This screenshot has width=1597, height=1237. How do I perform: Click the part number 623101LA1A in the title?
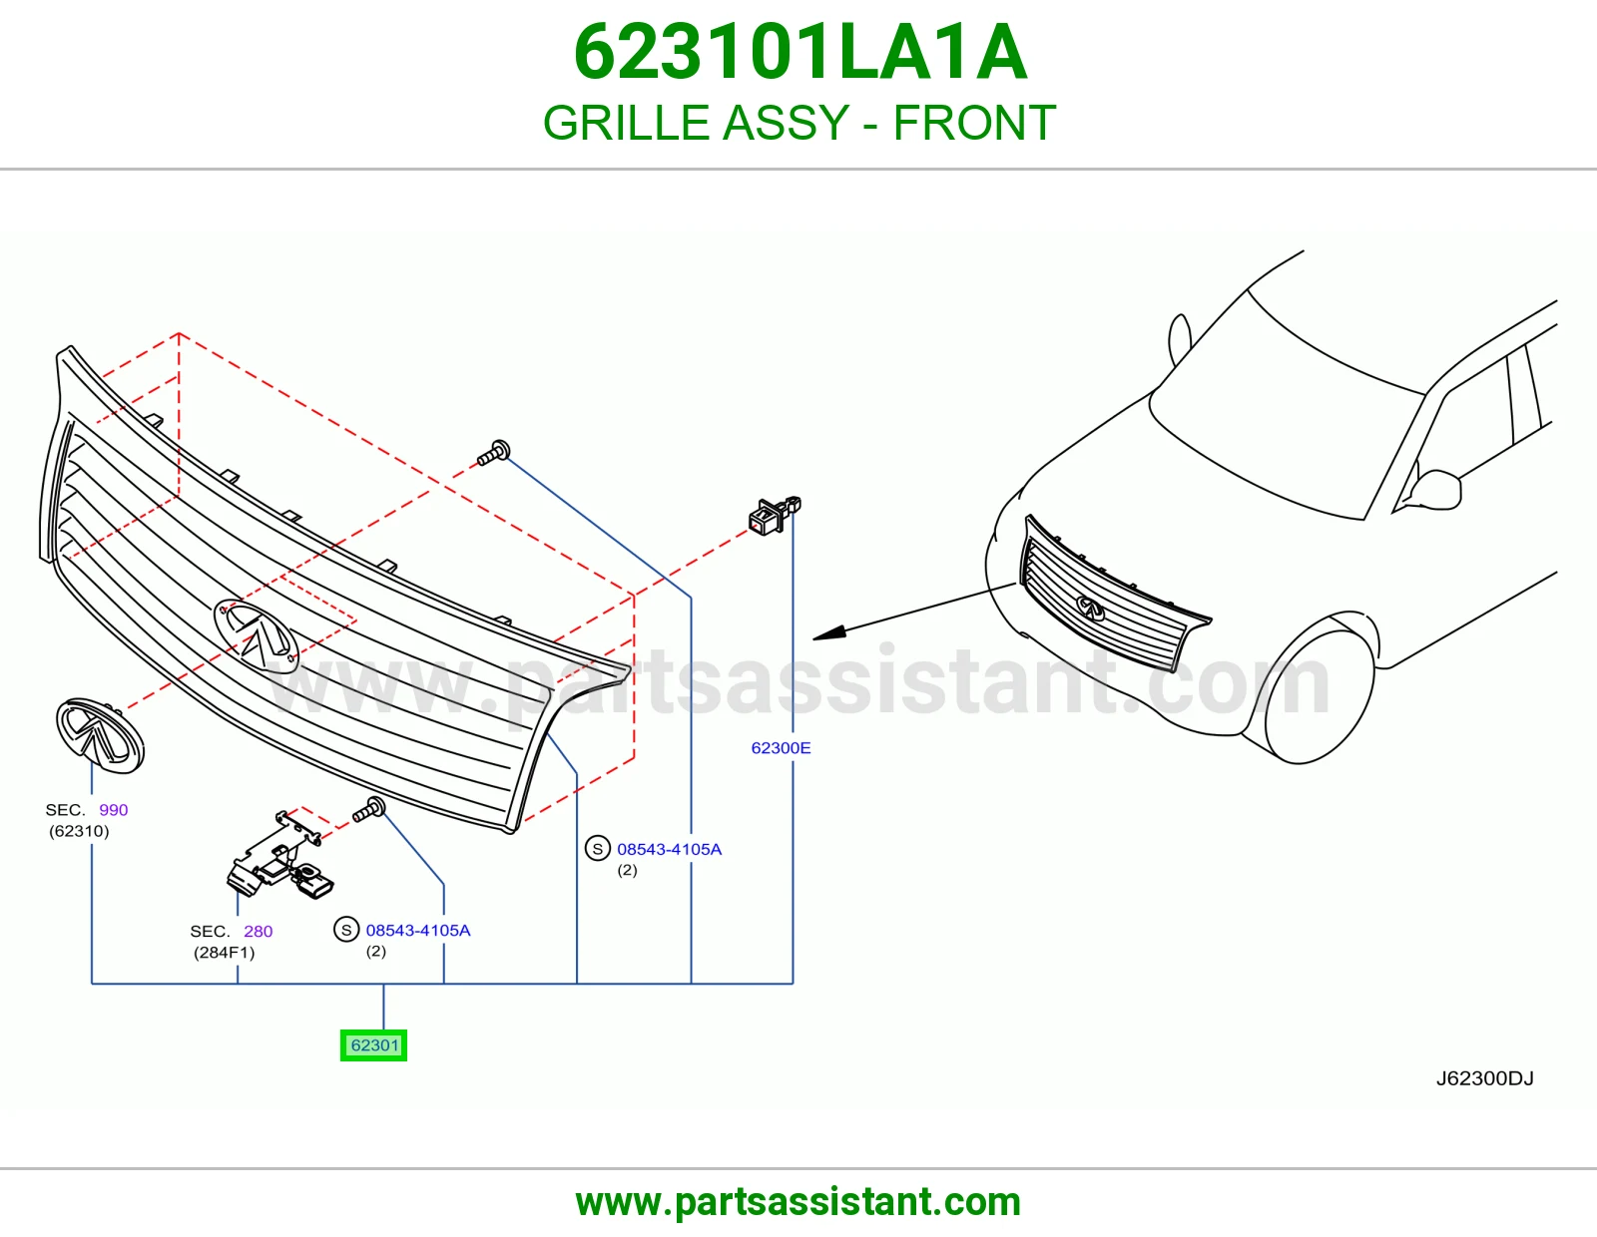[799, 53]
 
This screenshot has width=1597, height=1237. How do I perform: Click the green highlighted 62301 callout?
[373, 1045]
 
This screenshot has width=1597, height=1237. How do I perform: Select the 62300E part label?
[781, 748]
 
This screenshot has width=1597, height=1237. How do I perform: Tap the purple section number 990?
[113, 809]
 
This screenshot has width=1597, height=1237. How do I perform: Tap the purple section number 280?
[258, 932]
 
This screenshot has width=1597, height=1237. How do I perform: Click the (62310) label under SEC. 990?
[79, 831]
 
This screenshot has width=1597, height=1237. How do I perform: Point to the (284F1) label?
[225, 953]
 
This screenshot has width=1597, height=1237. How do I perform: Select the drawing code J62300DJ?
[1484, 1078]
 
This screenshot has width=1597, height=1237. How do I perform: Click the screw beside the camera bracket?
[369, 809]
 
